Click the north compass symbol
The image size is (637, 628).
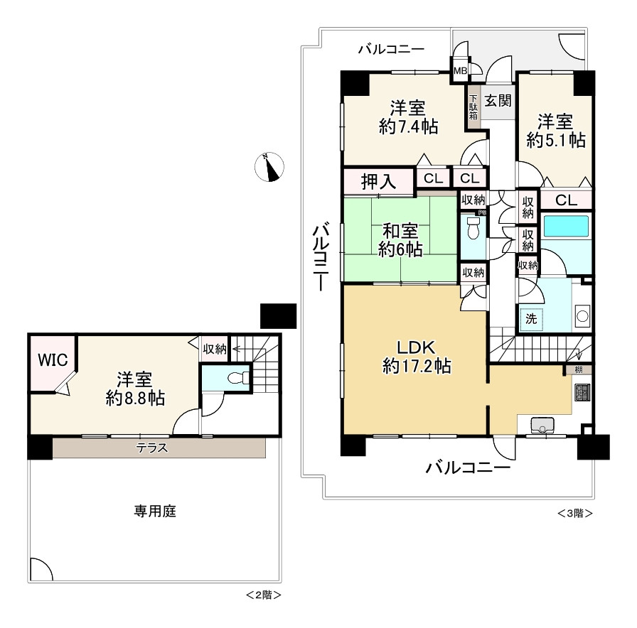269,167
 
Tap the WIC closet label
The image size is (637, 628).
53,360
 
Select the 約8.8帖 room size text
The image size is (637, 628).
135,399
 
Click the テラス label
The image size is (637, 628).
153,448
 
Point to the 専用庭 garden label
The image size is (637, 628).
154,511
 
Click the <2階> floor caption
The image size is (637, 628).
263,594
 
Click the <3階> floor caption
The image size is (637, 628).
574,513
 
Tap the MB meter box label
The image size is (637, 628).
461,70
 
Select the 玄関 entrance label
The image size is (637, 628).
498,100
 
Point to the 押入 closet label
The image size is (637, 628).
378,180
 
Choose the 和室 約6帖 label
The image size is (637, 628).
400,240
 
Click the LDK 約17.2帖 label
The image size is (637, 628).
416,357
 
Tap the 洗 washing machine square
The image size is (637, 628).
531,320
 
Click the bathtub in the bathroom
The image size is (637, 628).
566,227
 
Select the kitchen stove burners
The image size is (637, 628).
582,392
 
